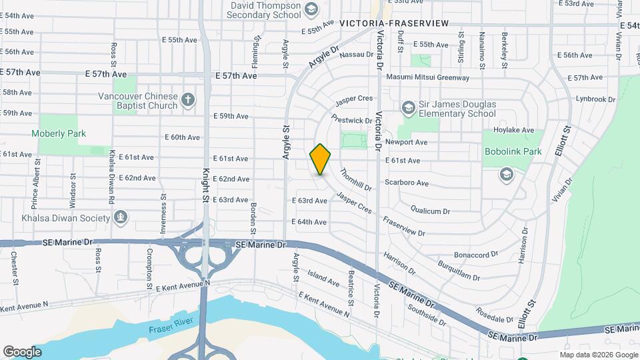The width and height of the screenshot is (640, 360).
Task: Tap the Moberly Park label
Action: (x=59, y=133)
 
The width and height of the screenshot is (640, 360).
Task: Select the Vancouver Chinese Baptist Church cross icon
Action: (x=188, y=100)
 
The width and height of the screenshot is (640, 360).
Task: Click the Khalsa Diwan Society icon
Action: (x=121, y=217)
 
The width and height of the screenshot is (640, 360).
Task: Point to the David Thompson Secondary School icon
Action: (x=311, y=9)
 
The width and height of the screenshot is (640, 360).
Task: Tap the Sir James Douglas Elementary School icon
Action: (x=408, y=107)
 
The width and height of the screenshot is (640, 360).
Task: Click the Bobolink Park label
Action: (x=513, y=152)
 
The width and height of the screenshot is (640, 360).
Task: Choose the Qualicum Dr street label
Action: (x=431, y=211)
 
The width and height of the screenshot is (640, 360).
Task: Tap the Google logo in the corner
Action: (x=22, y=351)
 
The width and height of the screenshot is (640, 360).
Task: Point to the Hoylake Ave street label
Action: (x=513, y=130)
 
